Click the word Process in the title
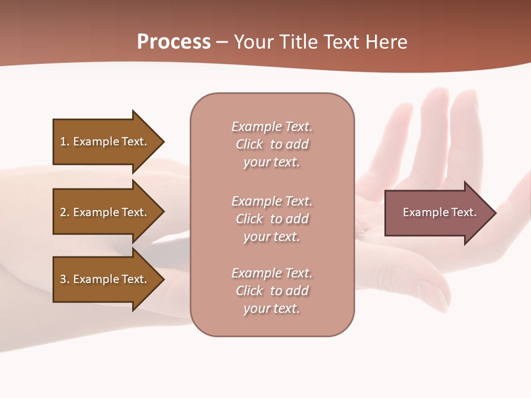pyautogui.click(x=174, y=42)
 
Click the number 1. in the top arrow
pyautogui.click(x=65, y=142)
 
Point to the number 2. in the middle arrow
pyautogui.click(x=65, y=212)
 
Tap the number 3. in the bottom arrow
pyautogui.click(x=65, y=279)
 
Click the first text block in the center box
pyautogui.click(x=272, y=144)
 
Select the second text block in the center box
pyautogui.click(x=272, y=219)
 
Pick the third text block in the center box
pyautogui.click(x=272, y=291)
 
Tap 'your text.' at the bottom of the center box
pyautogui.click(x=272, y=308)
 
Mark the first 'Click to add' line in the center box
pyautogui.click(x=272, y=144)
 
